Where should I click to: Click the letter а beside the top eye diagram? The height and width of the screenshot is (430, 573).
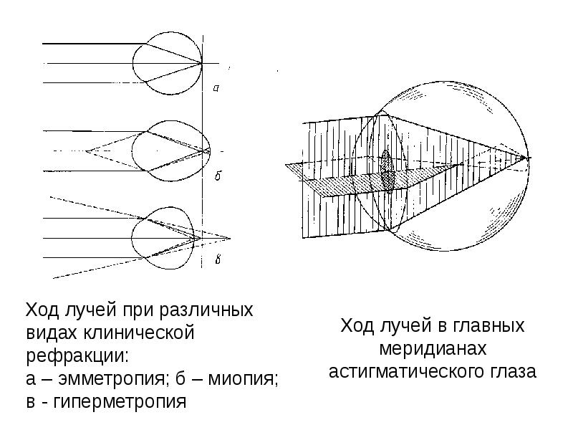(x=216, y=88)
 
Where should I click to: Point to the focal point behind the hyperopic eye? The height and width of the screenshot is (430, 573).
(x=230, y=238)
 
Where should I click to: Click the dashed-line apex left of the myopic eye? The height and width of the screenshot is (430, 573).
(x=87, y=150)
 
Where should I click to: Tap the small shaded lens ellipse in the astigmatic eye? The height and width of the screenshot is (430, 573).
(x=387, y=170)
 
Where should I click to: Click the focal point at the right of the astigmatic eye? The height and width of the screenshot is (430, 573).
(x=528, y=157)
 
